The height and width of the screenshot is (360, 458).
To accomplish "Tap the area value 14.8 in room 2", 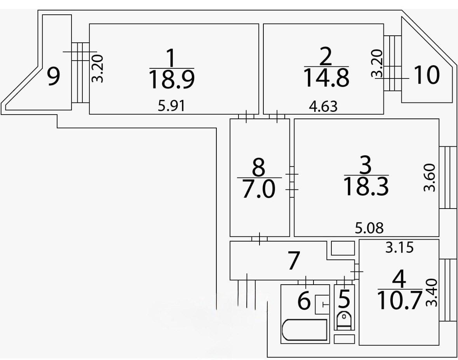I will [x=326, y=77].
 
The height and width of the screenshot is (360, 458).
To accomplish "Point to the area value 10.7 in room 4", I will [x=399, y=301].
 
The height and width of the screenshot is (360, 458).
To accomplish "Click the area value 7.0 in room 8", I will [x=259, y=190].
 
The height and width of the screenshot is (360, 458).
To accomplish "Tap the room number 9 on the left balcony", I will [x=54, y=77].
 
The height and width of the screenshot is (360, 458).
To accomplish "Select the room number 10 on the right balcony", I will [x=427, y=75].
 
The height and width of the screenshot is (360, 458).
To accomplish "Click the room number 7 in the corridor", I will [x=293, y=261].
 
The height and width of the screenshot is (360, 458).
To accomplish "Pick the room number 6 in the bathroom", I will [x=304, y=301].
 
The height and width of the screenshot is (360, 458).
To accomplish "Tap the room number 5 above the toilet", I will [x=344, y=299].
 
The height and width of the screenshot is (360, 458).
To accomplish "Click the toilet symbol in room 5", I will [x=344, y=320].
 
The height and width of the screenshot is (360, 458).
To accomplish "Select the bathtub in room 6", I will [x=305, y=330].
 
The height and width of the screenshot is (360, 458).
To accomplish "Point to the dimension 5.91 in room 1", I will [x=171, y=106].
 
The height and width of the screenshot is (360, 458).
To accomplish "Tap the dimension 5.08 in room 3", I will [x=369, y=228].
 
